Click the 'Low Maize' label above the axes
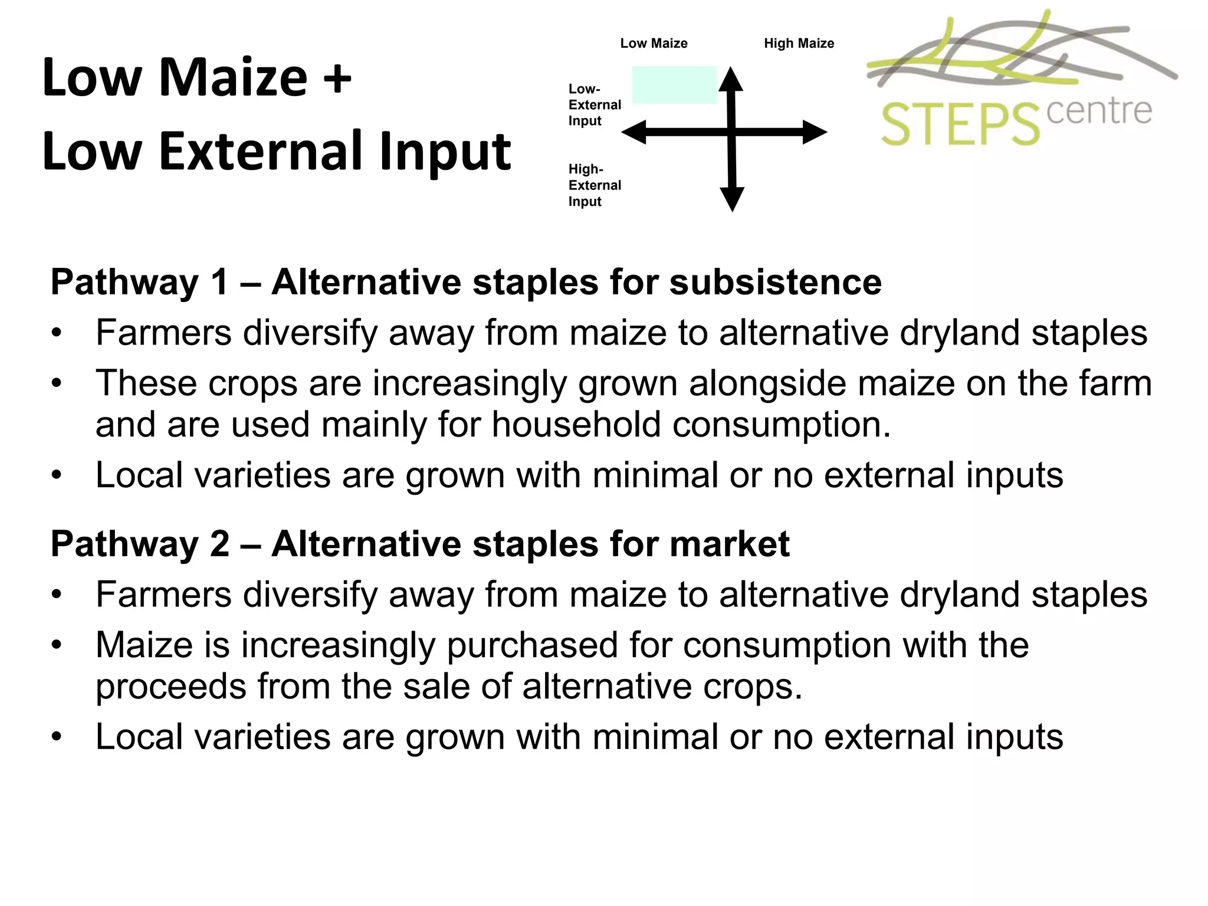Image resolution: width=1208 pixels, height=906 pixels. [x=654, y=44]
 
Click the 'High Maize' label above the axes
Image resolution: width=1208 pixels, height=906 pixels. [x=799, y=44]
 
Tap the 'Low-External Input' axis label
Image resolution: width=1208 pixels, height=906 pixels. [x=594, y=105]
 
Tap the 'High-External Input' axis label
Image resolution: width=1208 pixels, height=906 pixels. [x=594, y=185]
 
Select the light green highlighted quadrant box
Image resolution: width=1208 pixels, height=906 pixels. [x=674, y=85]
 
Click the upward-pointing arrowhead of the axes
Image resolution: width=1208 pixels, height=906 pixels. [x=731, y=80]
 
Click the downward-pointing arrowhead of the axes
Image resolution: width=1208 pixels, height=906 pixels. [x=732, y=199]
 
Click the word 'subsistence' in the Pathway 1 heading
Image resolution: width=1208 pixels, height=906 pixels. [x=775, y=282]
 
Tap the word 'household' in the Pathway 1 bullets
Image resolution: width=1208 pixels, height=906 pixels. [x=576, y=425]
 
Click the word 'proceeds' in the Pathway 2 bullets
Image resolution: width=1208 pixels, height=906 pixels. [x=170, y=687]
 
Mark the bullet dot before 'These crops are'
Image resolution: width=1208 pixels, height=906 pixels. [x=57, y=384]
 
